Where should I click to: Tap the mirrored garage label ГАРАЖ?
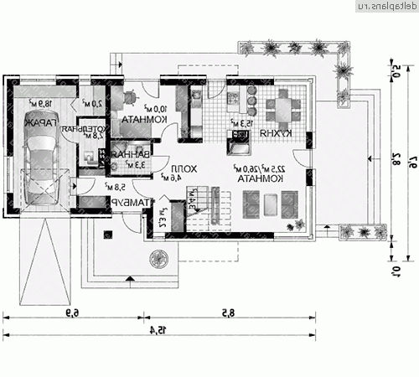(39, 122)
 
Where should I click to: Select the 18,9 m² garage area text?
(42, 103)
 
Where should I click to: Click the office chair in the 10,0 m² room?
(129, 99)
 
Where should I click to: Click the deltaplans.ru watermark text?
(383, 7)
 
